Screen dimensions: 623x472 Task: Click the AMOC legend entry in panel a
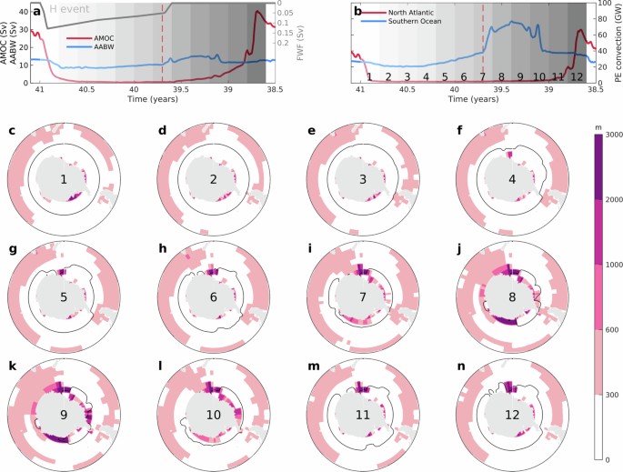coord(90,38)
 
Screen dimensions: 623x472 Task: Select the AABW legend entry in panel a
coord(90,46)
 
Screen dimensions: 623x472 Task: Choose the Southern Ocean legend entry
coord(401,21)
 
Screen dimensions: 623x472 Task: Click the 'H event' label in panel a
coord(69,9)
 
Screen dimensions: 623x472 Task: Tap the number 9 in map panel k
coord(64,415)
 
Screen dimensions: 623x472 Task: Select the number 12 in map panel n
coord(512,415)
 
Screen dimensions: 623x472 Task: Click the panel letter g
coord(12,249)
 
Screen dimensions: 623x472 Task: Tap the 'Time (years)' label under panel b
coord(474,99)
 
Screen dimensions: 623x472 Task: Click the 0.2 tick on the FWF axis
coord(286,43)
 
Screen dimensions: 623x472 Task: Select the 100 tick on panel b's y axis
coord(607,4)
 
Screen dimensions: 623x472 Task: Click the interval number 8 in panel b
coord(501,76)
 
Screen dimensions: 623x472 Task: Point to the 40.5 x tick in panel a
coord(86,90)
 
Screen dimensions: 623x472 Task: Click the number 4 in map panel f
coord(512,179)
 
